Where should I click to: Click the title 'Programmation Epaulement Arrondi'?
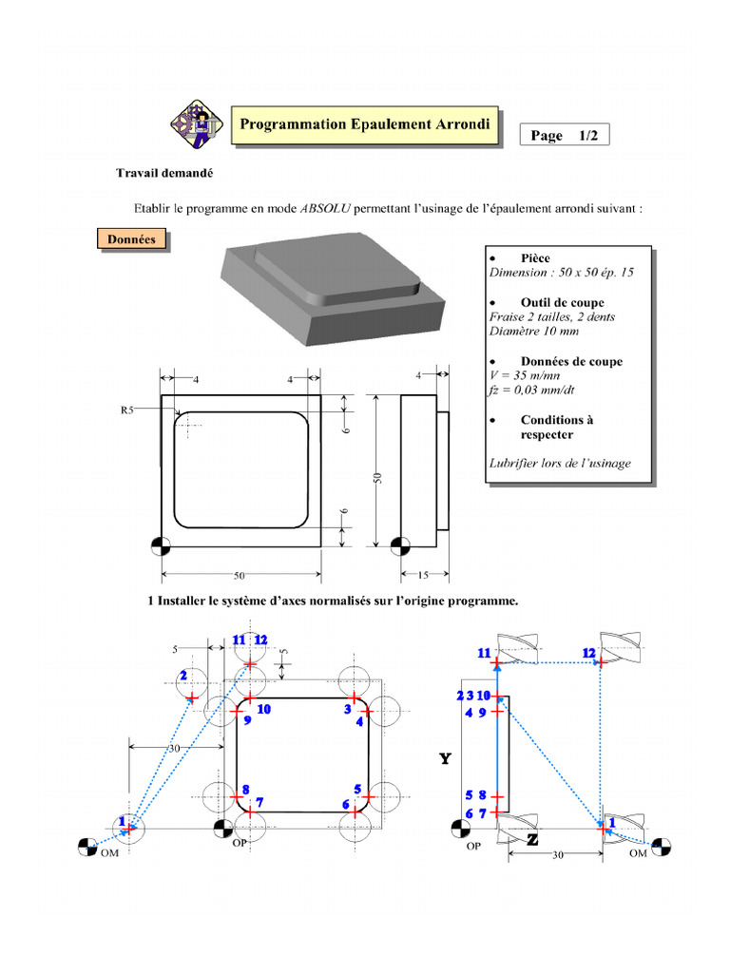365,124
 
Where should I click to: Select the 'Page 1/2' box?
564,136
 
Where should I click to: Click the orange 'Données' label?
131,239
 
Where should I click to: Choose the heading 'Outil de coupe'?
562,302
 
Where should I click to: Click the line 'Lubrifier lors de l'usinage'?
560,464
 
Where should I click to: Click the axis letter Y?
445,758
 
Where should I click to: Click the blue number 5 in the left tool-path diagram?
356,789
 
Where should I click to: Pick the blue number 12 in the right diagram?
588,653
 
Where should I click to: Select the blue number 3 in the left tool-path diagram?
348,709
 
